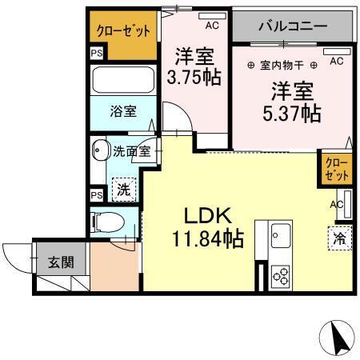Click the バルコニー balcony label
tap(292, 26)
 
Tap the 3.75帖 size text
tap(193, 78)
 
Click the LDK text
tap(209, 215)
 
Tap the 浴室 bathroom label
tap(122, 112)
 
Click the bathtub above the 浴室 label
tap(124, 80)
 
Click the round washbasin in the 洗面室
tap(100, 149)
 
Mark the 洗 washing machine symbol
tap(123, 190)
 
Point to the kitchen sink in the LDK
tap(282, 237)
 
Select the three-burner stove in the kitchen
tap(282, 275)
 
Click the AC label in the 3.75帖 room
tap(212, 26)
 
